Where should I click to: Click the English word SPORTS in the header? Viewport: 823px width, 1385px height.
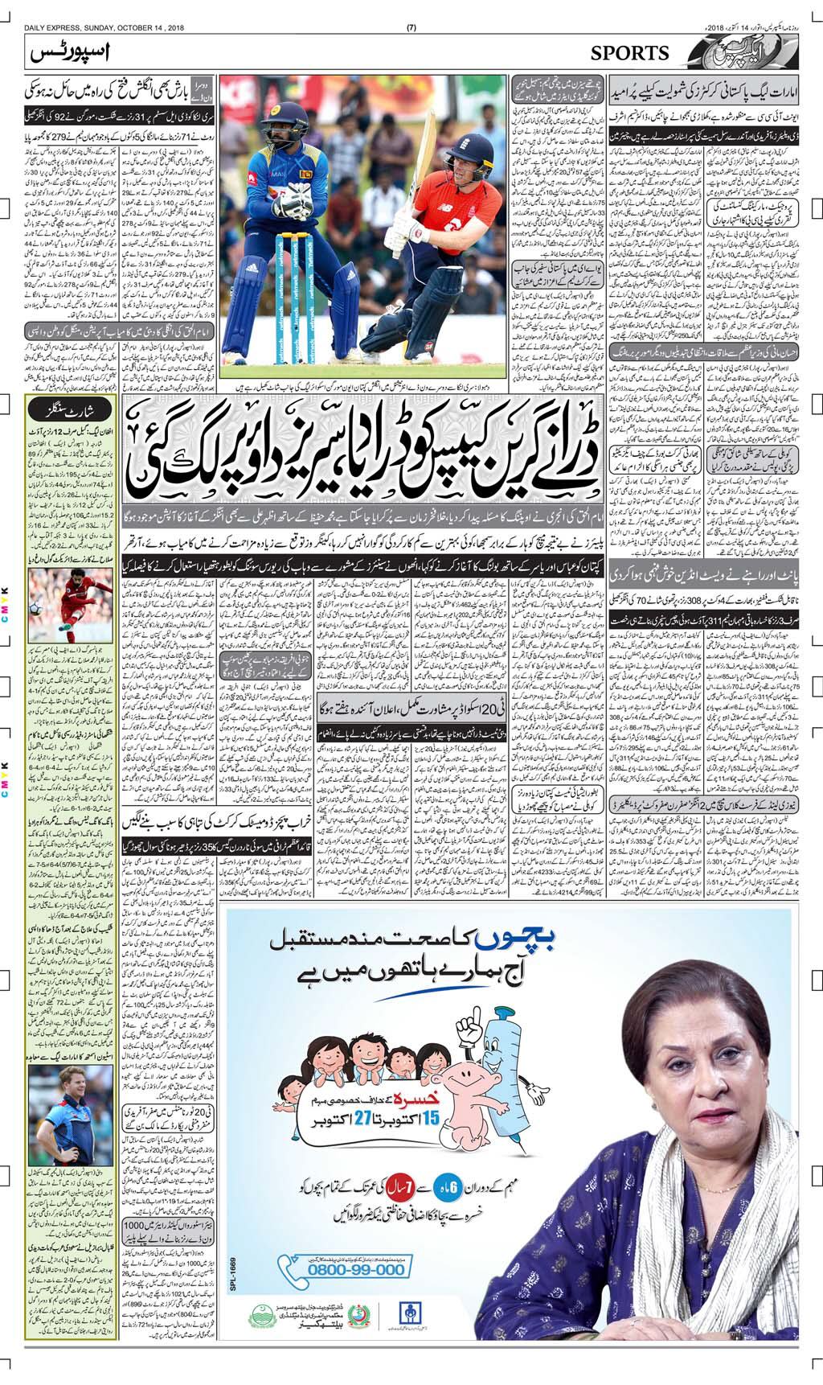click(x=629, y=53)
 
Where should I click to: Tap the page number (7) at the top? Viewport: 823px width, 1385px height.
click(x=411, y=28)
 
